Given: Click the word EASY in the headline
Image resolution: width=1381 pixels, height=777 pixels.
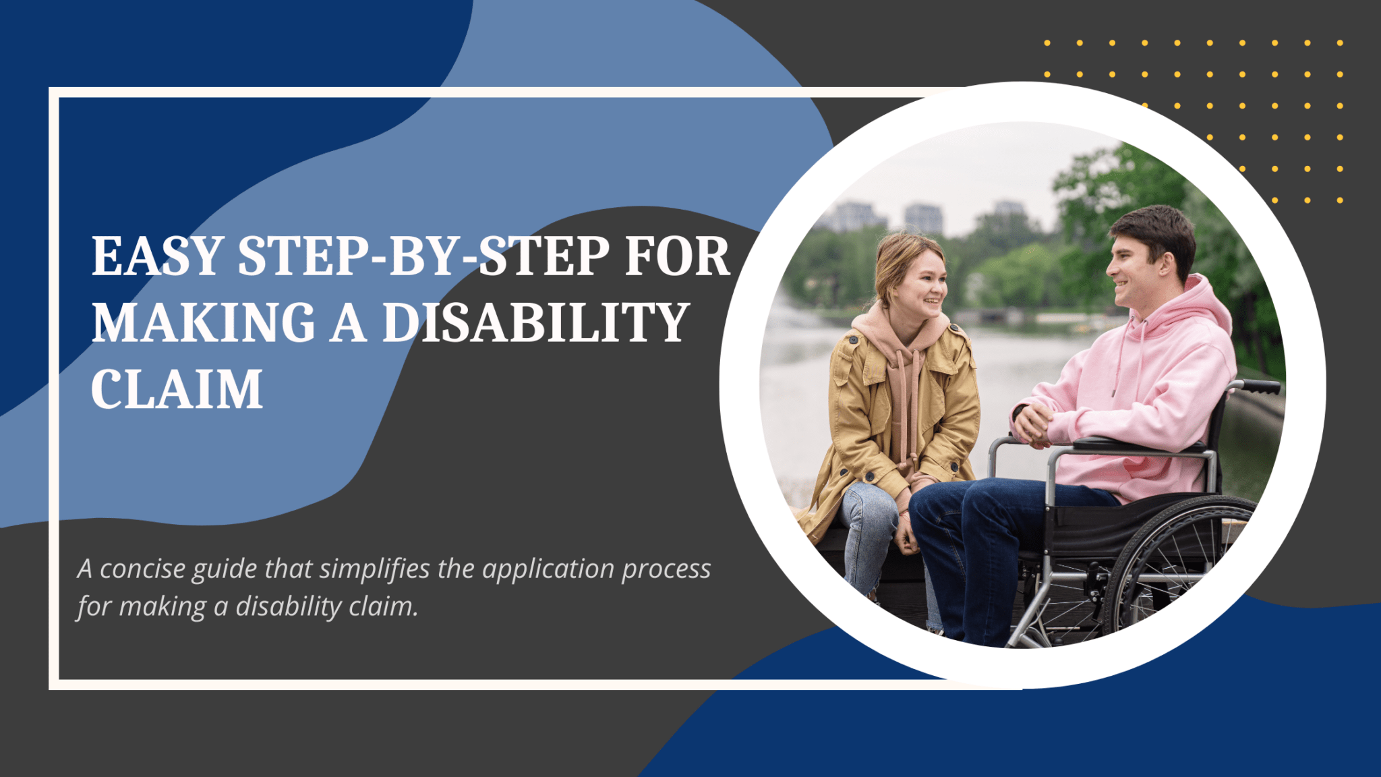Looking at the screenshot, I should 156,257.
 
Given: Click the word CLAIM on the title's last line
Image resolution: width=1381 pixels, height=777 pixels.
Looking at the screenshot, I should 177,390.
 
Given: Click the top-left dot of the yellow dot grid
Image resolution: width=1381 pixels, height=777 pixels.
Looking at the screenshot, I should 1047,43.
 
